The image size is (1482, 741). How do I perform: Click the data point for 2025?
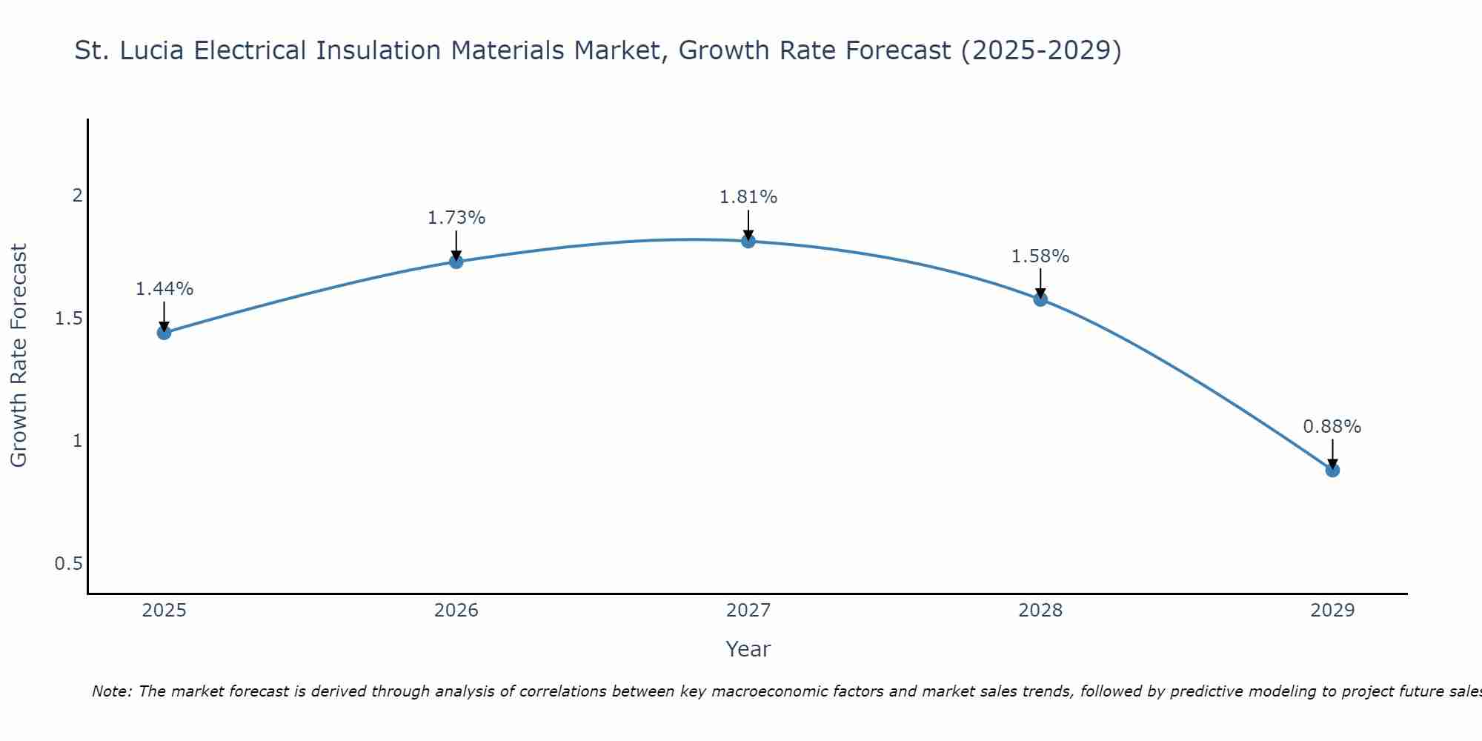pyautogui.click(x=164, y=332)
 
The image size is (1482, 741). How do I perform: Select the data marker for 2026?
pyautogui.click(x=456, y=262)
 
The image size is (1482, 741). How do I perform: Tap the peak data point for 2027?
pyautogui.click(x=748, y=241)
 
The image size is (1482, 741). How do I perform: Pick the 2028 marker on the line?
pyautogui.click(x=1040, y=299)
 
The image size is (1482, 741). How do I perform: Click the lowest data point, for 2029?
pyautogui.click(x=1332, y=470)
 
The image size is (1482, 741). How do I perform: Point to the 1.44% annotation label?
pyautogui.click(x=164, y=289)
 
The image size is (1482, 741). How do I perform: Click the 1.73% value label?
pyautogui.click(x=456, y=218)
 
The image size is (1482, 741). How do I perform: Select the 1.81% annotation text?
pyautogui.click(x=748, y=197)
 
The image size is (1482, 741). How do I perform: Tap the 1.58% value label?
pyautogui.click(x=1040, y=256)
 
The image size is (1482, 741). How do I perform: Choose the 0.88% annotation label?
pyautogui.click(x=1332, y=427)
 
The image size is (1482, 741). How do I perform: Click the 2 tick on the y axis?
pyautogui.click(x=76, y=196)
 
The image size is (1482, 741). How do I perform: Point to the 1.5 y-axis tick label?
pyautogui.click(x=68, y=319)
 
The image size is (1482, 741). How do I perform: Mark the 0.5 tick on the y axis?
pyautogui.click(x=68, y=564)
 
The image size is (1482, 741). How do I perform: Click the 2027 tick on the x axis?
pyautogui.click(x=748, y=611)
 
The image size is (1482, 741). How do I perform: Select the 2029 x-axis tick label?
pyautogui.click(x=1332, y=611)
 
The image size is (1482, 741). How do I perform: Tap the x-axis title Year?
pyautogui.click(x=748, y=649)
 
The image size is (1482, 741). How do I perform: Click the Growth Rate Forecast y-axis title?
pyautogui.click(x=19, y=356)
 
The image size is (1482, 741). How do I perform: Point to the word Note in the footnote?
pyautogui.click(x=111, y=691)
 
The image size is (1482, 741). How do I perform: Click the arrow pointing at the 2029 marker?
pyautogui.click(x=1332, y=453)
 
